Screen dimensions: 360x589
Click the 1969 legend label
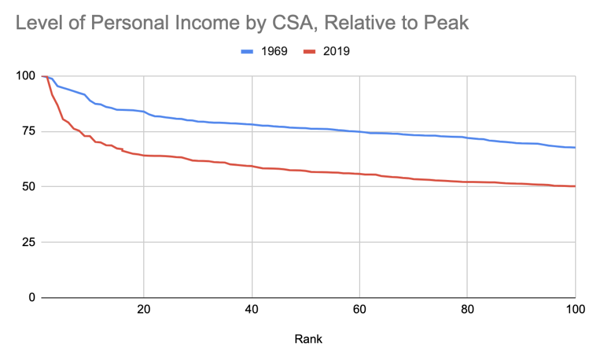pyautogui.click(x=273, y=51)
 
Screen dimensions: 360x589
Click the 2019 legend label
pyautogui.click(x=336, y=51)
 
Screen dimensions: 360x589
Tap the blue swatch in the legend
pyautogui.click(x=247, y=51)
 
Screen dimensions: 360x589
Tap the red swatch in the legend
pyautogui.click(x=310, y=51)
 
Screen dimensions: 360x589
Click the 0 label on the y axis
pyautogui.click(x=31, y=297)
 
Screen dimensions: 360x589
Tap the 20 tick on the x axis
pyautogui.click(x=144, y=309)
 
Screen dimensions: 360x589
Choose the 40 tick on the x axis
pyautogui.click(x=252, y=309)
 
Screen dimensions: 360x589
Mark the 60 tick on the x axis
pyautogui.click(x=359, y=309)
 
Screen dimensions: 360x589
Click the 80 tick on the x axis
pyautogui.click(x=467, y=309)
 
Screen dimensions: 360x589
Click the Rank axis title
pyautogui.click(x=308, y=339)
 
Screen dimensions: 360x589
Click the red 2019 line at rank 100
pyautogui.click(x=574, y=186)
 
